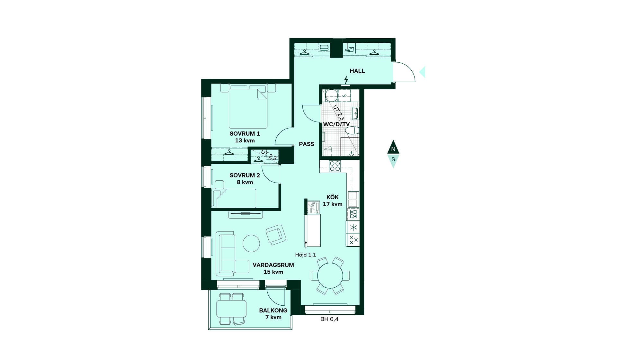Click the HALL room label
[357, 71]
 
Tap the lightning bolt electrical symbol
[346, 80]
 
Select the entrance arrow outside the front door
[422, 72]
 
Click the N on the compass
[393, 149]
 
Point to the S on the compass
[393, 159]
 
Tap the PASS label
[307, 144]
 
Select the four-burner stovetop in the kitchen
[335, 166]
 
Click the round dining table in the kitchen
[330, 276]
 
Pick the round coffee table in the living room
[251, 243]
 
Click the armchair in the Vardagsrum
[276, 235]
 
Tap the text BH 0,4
[329, 319]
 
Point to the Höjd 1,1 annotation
[306, 255]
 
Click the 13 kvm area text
[245, 140]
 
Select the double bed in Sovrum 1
[248, 106]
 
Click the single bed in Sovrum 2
[234, 198]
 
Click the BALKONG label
[273, 310]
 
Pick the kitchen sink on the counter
[353, 199]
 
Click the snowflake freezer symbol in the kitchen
[353, 228]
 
